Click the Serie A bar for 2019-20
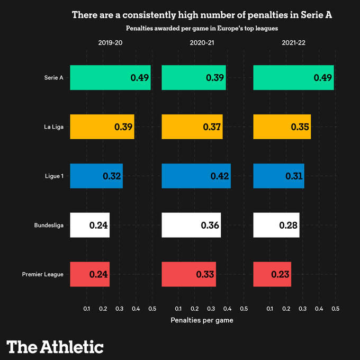click(x=110, y=78)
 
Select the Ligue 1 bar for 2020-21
click(x=196, y=176)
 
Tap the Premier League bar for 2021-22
click(x=272, y=274)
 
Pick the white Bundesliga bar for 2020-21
click(x=191, y=225)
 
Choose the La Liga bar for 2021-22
click(x=282, y=127)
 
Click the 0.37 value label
click(x=212, y=127)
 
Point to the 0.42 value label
click(x=219, y=176)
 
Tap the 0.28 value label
click(x=289, y=225)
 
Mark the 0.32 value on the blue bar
click(x=112, y=176)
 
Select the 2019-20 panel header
click(x=110, y=43)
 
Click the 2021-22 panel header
click(x=294, y=43)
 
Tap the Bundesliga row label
click(x=49, y=225)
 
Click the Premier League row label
click(x=43, y=274)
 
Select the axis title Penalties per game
click(x=202, y=320)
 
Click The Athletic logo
click(x=55, y=347)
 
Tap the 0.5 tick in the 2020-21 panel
click(x=244, y=308)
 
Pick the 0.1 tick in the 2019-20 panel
click(x=86, y=308)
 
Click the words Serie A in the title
click(x=317, y=15)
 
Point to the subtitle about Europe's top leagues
click(x=202, y=28)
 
